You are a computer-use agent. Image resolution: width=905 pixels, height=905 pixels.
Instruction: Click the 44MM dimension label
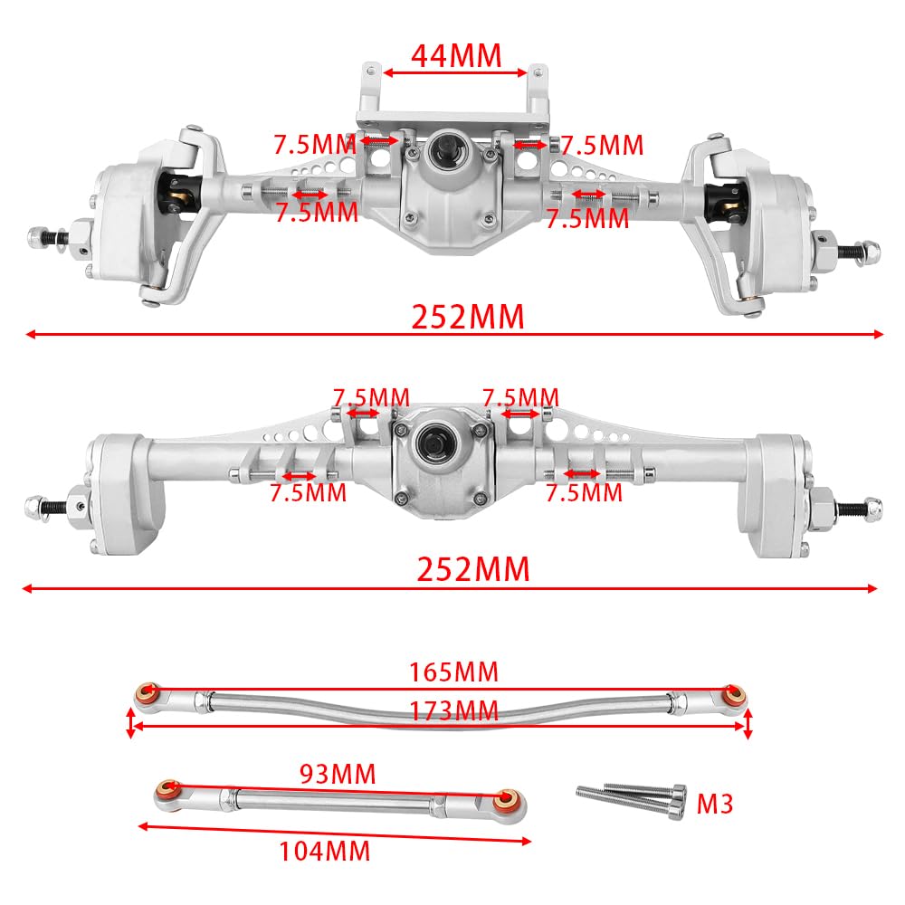point(455,56)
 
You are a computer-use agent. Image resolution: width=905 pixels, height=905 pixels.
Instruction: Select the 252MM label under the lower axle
point(472,570)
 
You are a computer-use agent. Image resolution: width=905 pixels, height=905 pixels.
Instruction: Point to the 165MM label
point(454,672)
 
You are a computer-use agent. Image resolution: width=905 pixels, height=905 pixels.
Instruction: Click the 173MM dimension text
point(453,711)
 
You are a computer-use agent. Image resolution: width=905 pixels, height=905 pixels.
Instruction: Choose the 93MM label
point(338,775)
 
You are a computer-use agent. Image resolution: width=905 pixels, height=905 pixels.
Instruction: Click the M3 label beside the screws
point(716,802)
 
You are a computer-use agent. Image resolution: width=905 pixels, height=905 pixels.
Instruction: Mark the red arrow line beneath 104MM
point(335,834)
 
